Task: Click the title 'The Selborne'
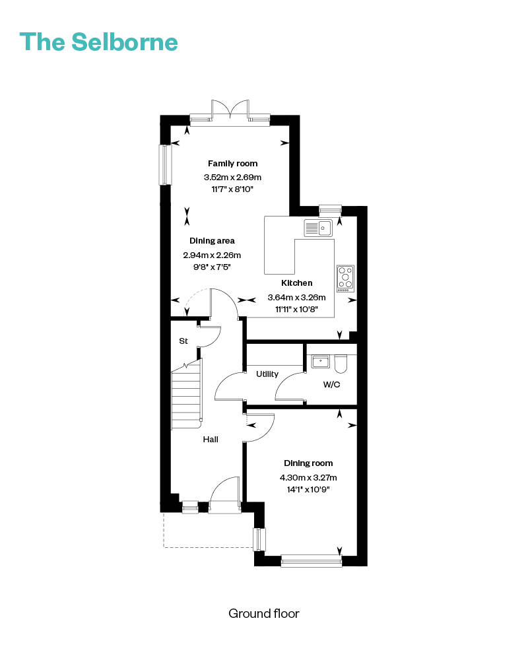98,42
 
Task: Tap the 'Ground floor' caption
263,613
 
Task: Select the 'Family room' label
232,163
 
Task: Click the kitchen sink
318,228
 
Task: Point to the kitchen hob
345,279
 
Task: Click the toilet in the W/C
341,364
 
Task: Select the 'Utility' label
267,374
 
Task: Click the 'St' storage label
183,341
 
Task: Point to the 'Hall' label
211,439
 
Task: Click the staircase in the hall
186,395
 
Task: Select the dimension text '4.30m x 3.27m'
308,478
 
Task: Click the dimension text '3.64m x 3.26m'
296,297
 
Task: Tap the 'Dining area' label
212,241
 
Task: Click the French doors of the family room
230,111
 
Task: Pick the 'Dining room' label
308,463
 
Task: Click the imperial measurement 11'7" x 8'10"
232,189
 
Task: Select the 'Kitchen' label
297,283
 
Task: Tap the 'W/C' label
332,384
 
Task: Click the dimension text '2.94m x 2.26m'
212,255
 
